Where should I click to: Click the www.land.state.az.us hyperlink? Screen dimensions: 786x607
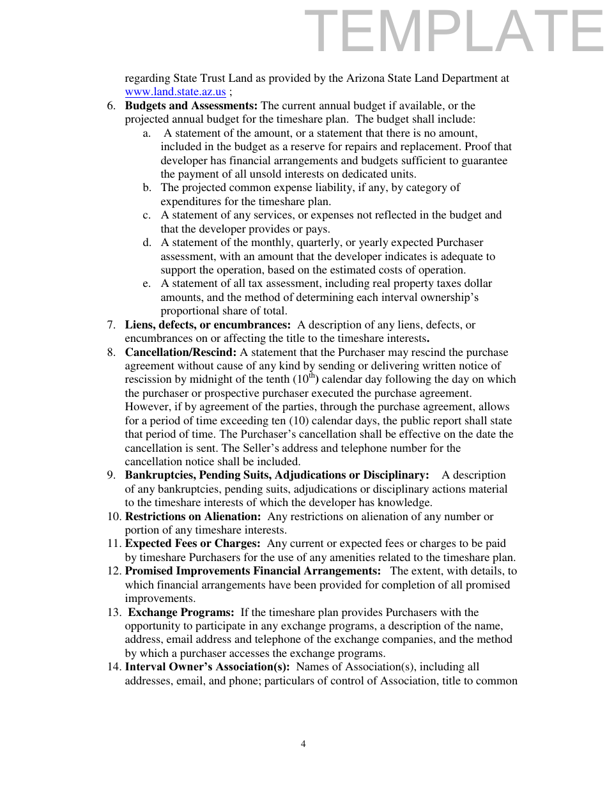click(175, 92)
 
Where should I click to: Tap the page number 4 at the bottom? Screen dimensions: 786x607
click(303, 744)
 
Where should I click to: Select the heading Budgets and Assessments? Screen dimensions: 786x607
click(191, 105)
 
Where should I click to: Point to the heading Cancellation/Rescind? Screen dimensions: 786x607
click(181, 352)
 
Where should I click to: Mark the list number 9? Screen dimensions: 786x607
click(111, 475)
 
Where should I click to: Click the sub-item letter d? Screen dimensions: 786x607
click(147, 243)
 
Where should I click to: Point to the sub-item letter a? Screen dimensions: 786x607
click(147, 134)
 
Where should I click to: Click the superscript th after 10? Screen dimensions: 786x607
click(312, 376)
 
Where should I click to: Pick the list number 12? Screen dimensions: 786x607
click(114, 571)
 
